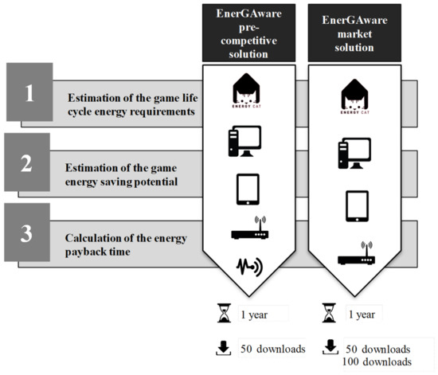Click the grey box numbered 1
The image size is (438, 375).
pos(29,94)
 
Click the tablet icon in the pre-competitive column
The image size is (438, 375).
pos(245,189)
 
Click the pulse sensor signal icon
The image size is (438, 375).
pos(245,264)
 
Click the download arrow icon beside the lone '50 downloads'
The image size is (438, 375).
pos(224,348)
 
